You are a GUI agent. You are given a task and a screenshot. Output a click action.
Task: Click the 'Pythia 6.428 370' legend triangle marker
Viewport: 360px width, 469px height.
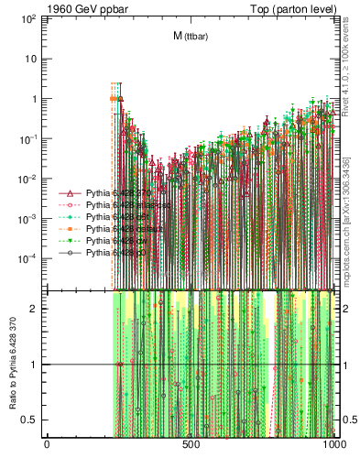[x=71, y=194]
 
